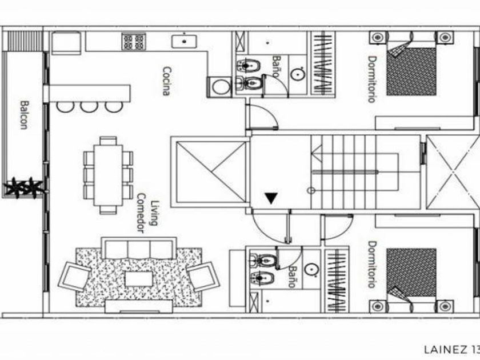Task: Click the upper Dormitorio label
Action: (371, 78)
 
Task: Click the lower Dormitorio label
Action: (371, 264)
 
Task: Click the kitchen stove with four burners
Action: (133, 41)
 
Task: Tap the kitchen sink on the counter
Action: (185, 41)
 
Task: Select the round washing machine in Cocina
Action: (219, 87)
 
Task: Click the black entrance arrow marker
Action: (271, 198)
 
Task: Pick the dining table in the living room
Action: (108, 175)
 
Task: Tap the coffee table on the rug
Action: (139, 278)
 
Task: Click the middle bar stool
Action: (89, 106)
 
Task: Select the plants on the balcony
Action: (24, 187)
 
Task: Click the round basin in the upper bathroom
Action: (298, 74)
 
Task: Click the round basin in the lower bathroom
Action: (312, 269)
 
